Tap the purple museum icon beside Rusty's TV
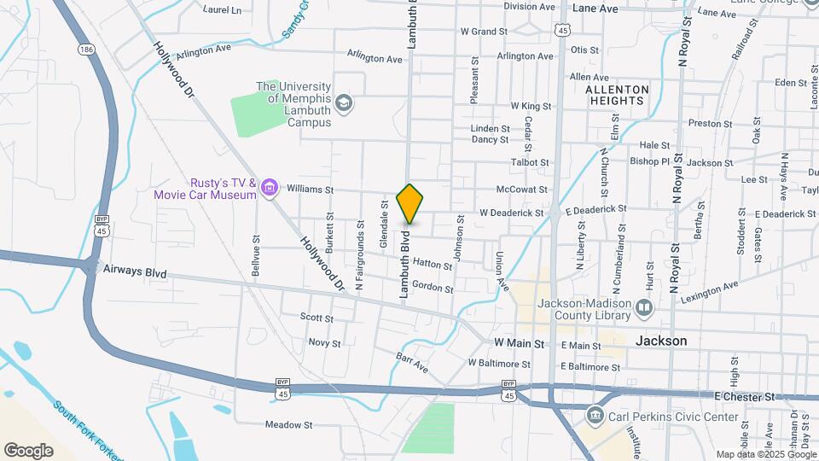[270, 188]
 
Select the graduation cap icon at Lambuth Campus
[344, 104]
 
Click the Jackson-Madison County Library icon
[644, 306]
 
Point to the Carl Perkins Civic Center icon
[595, 417]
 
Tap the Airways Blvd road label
[134, 271]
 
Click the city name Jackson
[661, 340]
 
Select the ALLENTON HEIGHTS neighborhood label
[618, 95]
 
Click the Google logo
[28, 451]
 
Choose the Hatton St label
[432, 266]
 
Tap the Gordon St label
[433, 287]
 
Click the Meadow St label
[289, 424]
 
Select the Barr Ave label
[412, 361]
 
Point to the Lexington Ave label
[708, 289]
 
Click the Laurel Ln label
[223, 10]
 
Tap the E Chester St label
[745, 397]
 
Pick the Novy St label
[324, 343]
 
